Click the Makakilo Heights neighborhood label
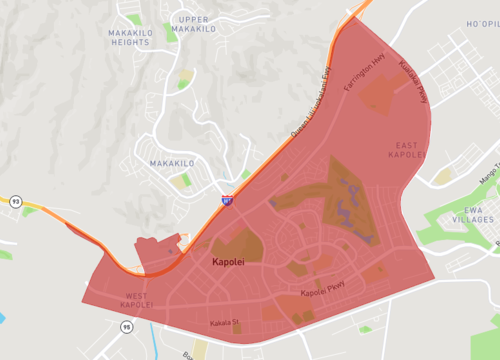tap(130, 36)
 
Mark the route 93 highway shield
tap(15, 201)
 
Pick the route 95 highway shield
tap(127, 327)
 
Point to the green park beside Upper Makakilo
tap(169, 32)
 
